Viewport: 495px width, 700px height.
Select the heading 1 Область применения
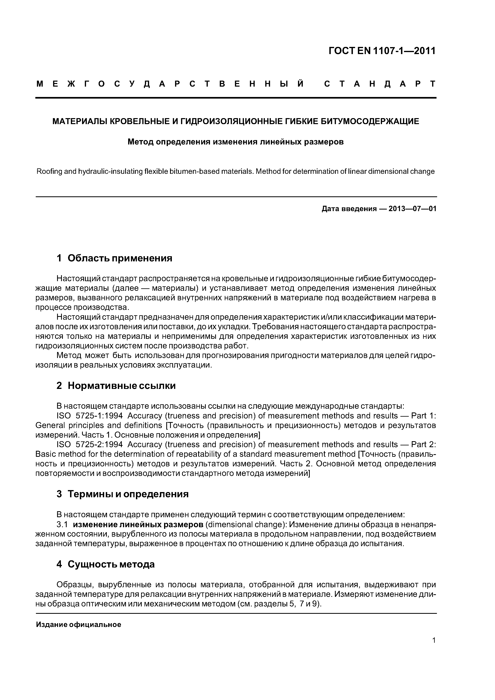114,258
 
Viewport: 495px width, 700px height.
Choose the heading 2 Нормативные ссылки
116,386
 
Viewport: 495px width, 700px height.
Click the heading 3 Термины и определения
122,494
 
